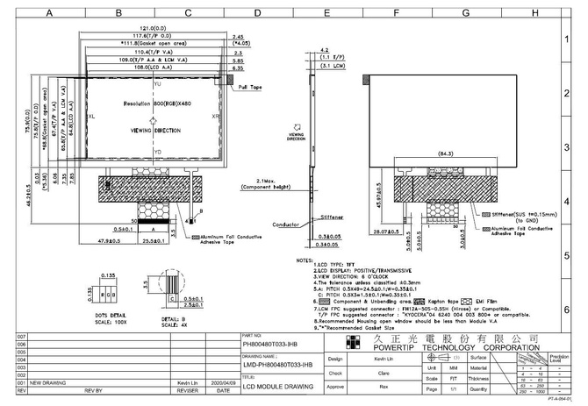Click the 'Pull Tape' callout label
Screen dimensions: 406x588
(x=251, y=88)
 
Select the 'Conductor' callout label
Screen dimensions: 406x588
(x=287, y=224)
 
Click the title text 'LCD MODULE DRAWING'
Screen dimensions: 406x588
(x=277, y=386)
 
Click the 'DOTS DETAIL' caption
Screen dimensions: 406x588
(x=106, y=314)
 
